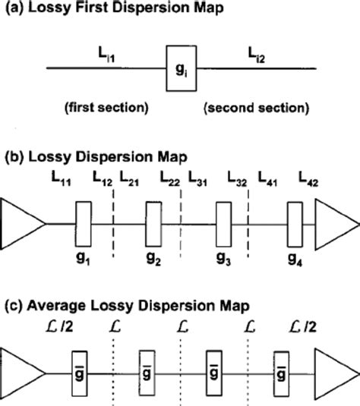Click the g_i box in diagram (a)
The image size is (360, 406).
pos(179,69)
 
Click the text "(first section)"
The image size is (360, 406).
pos(107,107)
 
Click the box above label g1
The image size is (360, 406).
pos(82,219)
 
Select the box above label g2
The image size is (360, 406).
pos(153,219)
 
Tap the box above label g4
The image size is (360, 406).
pos(295,219)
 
